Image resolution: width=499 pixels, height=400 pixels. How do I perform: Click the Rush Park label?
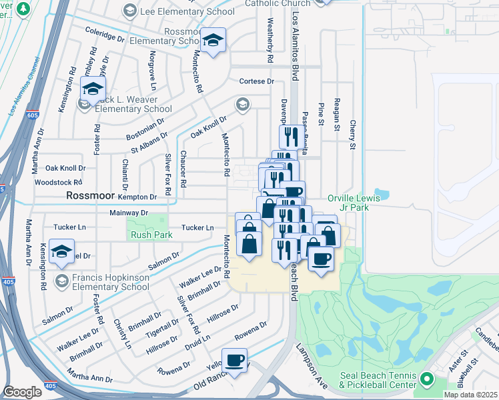pyautogui.click(x=151, y=235)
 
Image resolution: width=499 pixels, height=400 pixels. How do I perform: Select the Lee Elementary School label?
pyautogui.click(x=187, y=11)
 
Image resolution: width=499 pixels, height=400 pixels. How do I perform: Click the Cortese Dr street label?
pyautogui.click(x=257, y=81)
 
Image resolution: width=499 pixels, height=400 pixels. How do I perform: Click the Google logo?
pyautogui.click(x=23, y=392)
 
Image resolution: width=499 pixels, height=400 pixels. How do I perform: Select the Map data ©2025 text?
pyautogui.click(x=470, y=395)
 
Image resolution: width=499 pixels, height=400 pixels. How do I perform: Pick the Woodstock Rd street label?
pyautogui.click(x=58, y=182)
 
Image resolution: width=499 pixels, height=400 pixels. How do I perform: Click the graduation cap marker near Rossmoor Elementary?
pyautogui.click(x=213, y=43)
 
